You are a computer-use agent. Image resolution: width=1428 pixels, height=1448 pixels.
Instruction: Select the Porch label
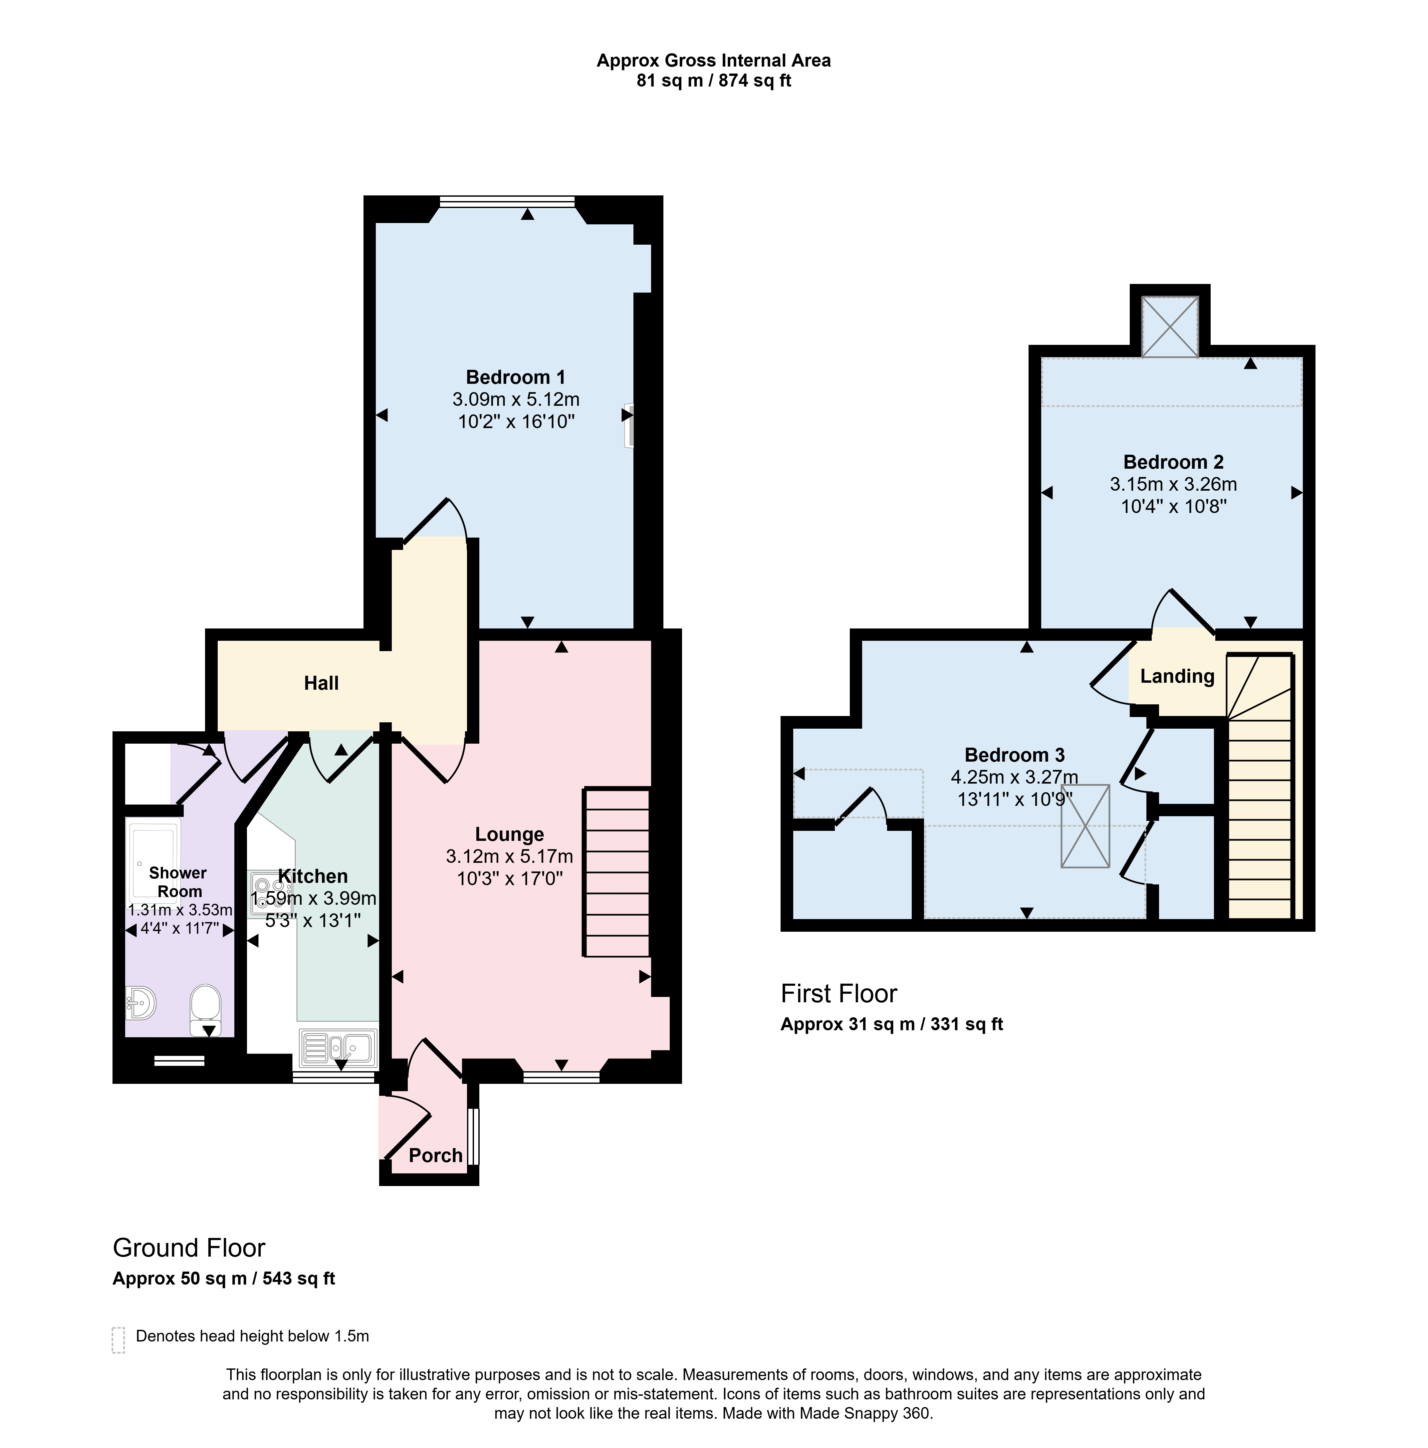[x=435, y=1155]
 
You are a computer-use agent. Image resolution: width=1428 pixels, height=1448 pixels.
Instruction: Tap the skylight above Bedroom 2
[x=1169, y=326]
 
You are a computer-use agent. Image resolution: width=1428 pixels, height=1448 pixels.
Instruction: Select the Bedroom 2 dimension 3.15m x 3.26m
[x=1173, y=484]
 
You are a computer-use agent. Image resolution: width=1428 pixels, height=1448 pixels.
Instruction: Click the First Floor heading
[x=839, y=994]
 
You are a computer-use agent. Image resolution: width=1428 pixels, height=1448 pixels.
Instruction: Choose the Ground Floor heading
[x=189, y=1248]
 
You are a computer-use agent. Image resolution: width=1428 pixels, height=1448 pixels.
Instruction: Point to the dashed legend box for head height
[x=119, y=1340]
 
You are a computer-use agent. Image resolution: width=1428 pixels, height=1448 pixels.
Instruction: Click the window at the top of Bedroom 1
[x=508, y=201]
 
